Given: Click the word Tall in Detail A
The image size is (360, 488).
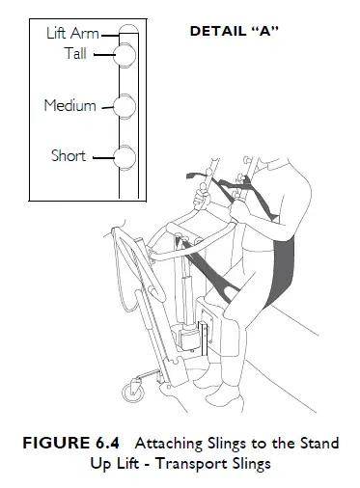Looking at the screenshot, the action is (x=75, y=54).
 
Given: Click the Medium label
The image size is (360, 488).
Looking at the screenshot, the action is (x=69, y=105).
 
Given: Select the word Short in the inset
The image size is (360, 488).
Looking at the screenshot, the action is (x=68, y=155).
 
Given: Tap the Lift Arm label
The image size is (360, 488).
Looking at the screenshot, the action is (x=72, y=34).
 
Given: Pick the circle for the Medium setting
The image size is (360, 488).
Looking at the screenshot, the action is (x=124, y=105).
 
